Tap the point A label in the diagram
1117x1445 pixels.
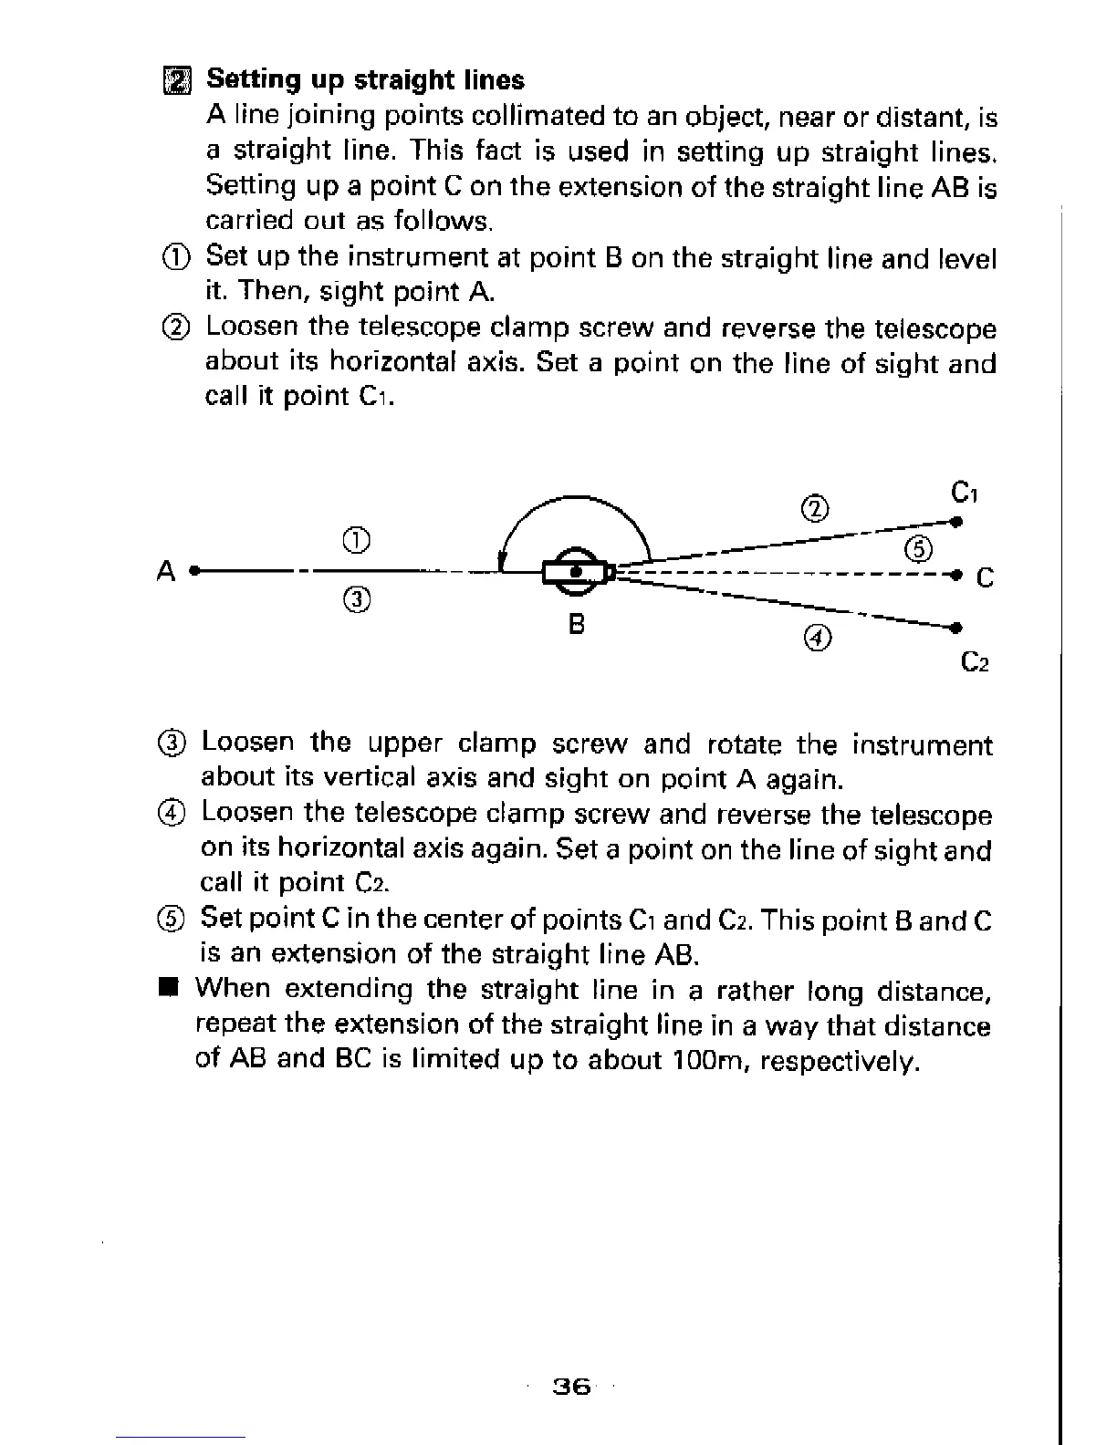(165, 571)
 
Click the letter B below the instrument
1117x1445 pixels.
(576, 625)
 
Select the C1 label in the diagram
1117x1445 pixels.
(964, 494)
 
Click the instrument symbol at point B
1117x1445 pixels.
(576, 572)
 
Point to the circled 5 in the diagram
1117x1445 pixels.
(918, 549)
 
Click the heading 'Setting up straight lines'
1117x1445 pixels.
(365, 80)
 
